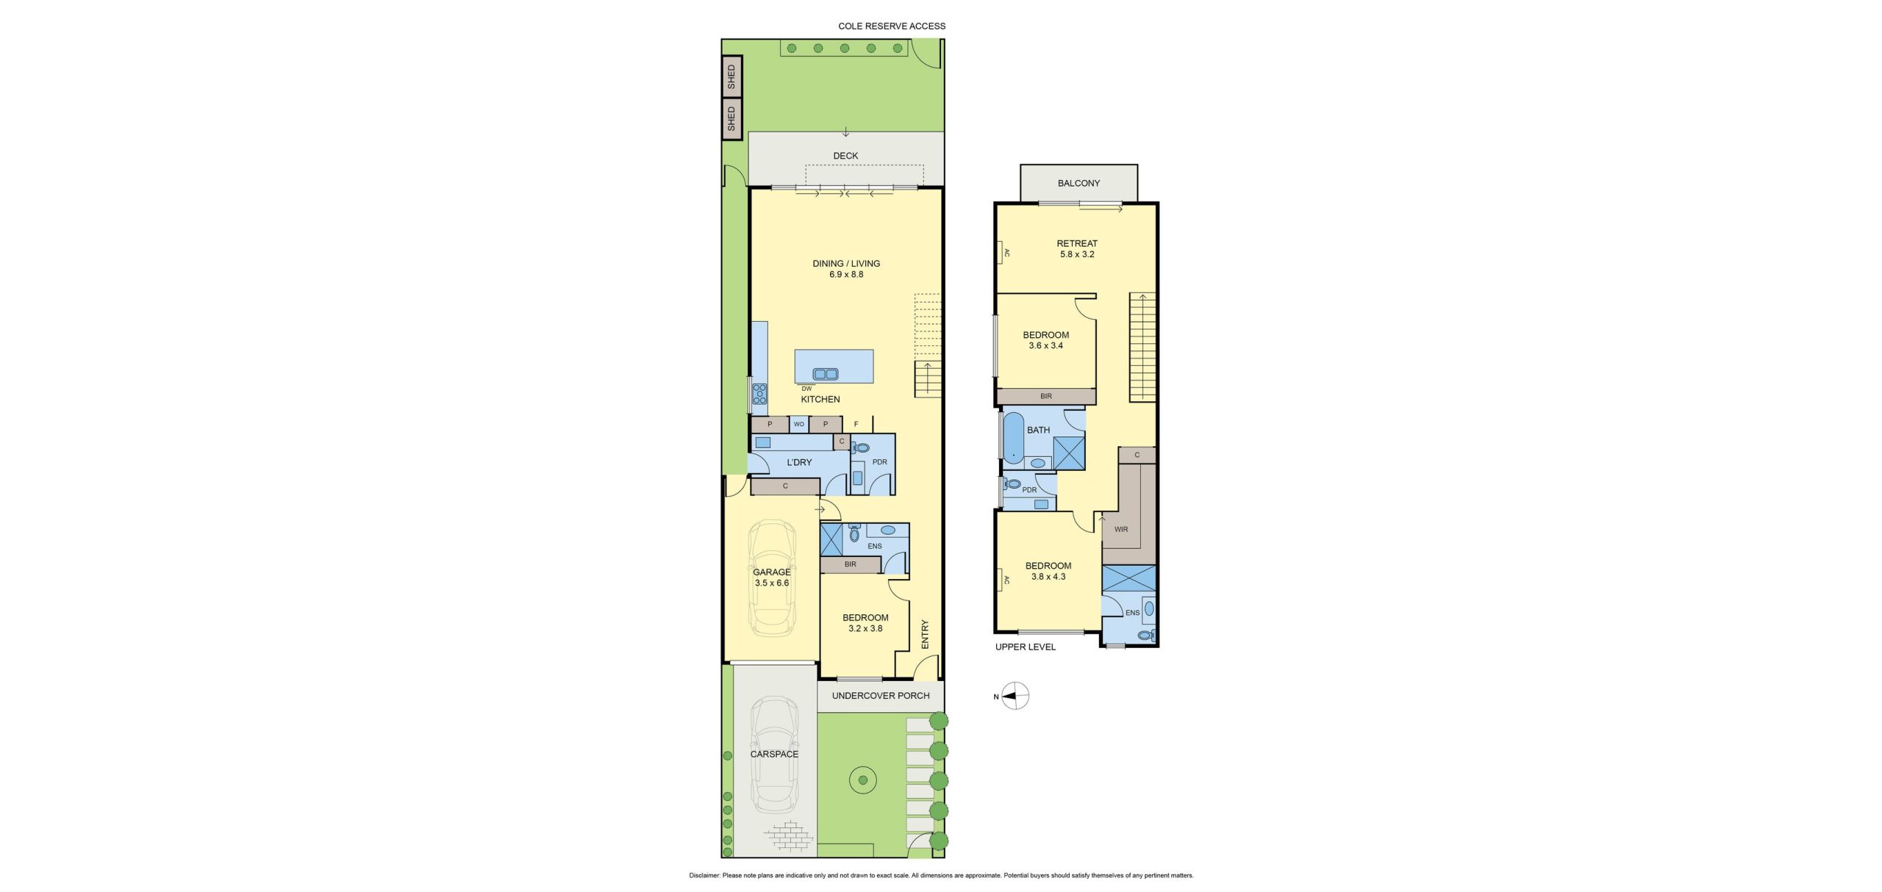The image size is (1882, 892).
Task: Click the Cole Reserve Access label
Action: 892,26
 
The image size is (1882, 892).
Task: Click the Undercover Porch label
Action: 881,695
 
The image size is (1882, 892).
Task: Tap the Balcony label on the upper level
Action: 1078,183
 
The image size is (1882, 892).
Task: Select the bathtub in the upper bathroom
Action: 1013,439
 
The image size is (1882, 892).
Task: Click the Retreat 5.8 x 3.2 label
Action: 1077,249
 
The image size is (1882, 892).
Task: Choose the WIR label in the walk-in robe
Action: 1121,529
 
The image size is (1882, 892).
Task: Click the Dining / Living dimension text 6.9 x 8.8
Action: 846,274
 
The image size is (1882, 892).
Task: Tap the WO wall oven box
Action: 799,424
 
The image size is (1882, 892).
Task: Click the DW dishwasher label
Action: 806,389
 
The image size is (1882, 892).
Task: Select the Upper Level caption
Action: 1026,647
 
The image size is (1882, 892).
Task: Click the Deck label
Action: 845,156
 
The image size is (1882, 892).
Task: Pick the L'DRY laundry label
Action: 799,462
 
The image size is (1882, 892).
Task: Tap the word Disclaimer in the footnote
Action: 704,875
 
